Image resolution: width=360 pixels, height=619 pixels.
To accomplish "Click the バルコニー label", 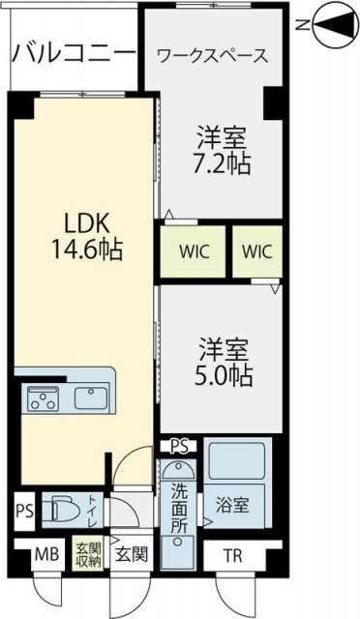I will pos(74,50).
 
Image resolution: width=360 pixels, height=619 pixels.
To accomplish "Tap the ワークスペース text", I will pos(212,56).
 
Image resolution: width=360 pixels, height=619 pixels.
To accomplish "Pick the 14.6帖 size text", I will pos(87,250).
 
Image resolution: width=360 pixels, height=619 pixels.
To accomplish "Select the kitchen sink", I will pos(90,398).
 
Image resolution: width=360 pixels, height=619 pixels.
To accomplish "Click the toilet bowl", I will pos(66,510).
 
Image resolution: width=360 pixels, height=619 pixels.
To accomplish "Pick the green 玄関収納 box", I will pos(89,558).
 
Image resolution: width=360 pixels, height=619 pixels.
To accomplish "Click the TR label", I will pos(234,556).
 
